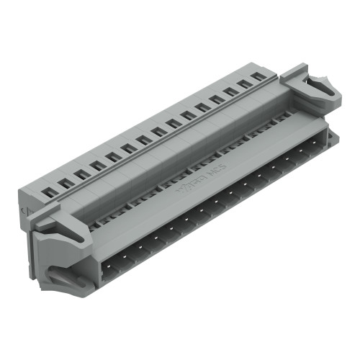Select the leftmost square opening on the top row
coord(50,191)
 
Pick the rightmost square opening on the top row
coord(257,75)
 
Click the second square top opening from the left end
coord(66,182)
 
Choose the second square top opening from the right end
coord(244,83)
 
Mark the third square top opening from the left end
coord(81,174)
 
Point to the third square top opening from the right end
coord(230,91)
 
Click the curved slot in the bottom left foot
coord(68,277)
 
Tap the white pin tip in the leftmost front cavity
coord(109,266)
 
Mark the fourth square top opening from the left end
coord(96,165)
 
